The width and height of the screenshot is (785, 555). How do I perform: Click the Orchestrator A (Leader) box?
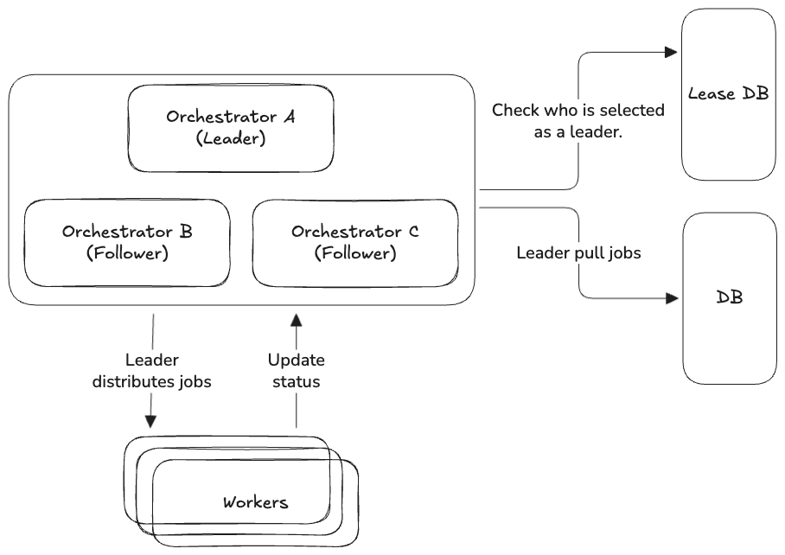231,127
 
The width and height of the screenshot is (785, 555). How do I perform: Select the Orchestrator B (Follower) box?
127,243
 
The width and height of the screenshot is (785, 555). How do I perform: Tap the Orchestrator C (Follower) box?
354,243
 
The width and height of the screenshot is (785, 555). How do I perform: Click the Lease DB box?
728,94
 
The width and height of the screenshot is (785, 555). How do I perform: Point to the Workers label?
256,502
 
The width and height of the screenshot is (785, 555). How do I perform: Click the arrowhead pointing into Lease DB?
670,52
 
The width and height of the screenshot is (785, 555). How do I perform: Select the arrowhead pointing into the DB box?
672,298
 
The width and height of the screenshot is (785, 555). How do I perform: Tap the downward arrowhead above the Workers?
150,421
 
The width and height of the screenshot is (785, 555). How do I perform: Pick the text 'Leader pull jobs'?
578,252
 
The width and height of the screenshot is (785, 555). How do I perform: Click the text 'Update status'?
296,371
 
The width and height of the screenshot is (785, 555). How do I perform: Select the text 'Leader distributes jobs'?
151,371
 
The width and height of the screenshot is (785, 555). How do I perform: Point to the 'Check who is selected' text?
578,111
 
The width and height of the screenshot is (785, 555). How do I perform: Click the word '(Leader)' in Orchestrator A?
231,138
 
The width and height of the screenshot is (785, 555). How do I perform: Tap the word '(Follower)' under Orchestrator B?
127,254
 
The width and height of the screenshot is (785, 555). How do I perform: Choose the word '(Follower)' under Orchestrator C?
354,254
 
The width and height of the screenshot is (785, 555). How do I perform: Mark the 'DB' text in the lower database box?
730,297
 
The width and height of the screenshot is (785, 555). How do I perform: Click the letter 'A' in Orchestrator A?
289,117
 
